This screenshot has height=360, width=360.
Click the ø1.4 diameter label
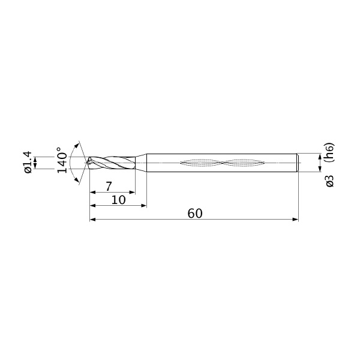(x=28, y=162)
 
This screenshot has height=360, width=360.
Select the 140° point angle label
(x=62, y=160)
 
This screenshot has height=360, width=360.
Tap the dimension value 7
(x=109, y=187)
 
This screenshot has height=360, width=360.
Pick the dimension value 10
(x=118, y=200)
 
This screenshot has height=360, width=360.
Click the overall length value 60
(x=195, y=214)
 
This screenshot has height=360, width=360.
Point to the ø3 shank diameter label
(x=329, y=181)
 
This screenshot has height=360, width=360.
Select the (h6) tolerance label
(x=329, y=152)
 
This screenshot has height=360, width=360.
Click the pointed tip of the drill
(x=87, y=163)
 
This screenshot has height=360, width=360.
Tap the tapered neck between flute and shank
(x=141, y=163)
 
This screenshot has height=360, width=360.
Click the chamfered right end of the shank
(x=298, y=163)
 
